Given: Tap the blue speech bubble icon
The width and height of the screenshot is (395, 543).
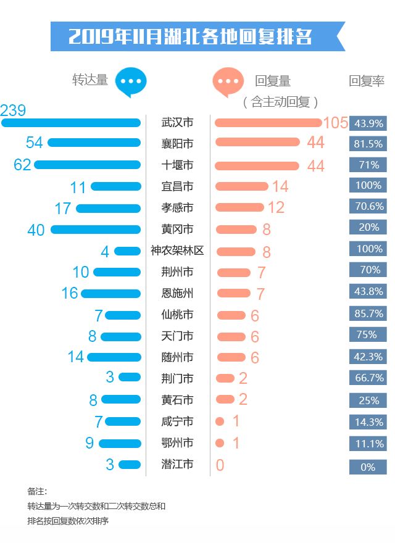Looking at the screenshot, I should click(x=132, y=81).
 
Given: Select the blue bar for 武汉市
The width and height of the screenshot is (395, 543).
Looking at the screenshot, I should click(x=71, y=123).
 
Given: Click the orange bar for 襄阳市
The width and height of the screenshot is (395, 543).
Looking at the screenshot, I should click(x=257, y=143).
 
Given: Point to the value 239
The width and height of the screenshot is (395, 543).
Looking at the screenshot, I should click(x=14, y=111).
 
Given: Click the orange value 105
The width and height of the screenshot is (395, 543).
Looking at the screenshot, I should click(x=335, y=123).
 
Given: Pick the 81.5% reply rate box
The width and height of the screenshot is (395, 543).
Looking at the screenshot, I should click(x=368, y=144).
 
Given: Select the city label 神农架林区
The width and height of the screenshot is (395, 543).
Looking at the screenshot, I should click(x=177, y=251).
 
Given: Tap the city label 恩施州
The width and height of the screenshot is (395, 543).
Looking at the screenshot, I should click(x=177, y=293).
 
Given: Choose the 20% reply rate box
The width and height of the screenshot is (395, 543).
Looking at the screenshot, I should click(x=368, y=227).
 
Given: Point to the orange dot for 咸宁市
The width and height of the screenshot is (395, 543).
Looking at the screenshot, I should click(x=220, y=421).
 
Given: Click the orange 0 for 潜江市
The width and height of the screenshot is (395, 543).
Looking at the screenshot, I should click(x=220, y=465).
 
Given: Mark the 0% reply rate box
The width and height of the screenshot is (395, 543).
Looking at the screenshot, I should click(x=368, y=467).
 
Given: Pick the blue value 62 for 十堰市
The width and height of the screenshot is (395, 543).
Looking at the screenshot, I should click(x=23, y=165).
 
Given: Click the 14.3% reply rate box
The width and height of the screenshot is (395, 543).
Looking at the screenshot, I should click(x=368, y=422).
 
